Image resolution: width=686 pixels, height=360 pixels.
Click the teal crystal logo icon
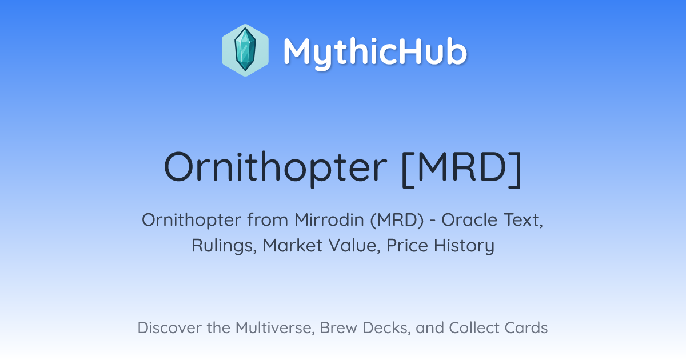tap(245, 50)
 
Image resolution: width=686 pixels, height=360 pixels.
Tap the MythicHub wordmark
tap(375, 53)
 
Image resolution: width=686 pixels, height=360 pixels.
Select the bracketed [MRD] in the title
tap(461, 169)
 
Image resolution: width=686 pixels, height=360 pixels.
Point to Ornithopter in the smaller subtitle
tap(192, 221)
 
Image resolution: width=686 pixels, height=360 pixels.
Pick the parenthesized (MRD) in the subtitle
tap(397, 220)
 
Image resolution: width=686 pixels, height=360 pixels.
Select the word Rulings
tap(224, 246)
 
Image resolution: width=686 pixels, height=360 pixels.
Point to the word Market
tap(293, 245)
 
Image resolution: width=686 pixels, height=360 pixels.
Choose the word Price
tap(407, 245)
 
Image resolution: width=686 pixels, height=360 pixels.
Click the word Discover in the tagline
tap(170, 327)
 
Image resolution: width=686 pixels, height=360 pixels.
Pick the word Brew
tap(338, 327)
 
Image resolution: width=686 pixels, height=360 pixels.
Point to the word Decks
tap(386, 328)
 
